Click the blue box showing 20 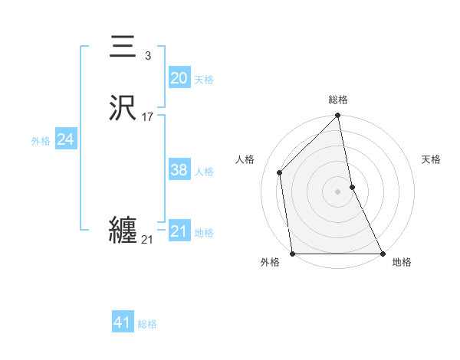click(179, 78)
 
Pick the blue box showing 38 click(179, 170)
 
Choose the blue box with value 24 click(65, 139)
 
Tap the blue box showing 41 click(123, 322)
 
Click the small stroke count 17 click(148, 117)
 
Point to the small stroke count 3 click(148, 56)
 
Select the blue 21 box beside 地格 click(179, 231)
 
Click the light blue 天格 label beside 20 click(204, 80)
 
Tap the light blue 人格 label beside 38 click(204, 172)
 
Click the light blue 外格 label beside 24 click(41, 141)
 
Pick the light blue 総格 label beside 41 click(147, 324)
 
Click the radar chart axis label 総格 click(338, 100)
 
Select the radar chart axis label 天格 click(432, 160)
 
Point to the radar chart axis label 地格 click(402, 263)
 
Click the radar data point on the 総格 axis click(338, 116)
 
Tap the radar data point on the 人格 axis click(280, 172)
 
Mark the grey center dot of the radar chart click(338, 191)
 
